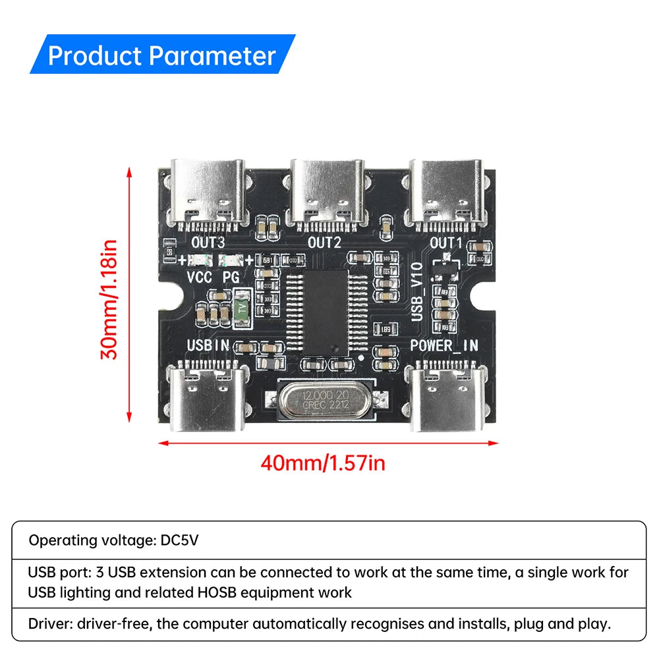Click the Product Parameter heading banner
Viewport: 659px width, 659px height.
pyautogui.click(x=162, y=55)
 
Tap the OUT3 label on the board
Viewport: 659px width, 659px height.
pyautogui.click(x=207, y=243)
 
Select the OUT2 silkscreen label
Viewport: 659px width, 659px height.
pyautogui.click(x=324, y=243)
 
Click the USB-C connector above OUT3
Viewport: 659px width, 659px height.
pyautogui.click(x=207, y=191)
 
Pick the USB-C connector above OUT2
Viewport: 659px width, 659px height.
pyautogui.click(x=327, y=191)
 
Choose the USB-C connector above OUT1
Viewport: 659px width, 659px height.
pyautogui.click(x=447, y=191)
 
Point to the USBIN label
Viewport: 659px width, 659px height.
pyautogui.click(x=208, y=345)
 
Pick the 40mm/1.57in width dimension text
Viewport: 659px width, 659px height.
pyautogui.click(x=323, y=463)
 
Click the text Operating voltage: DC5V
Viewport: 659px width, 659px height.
pyautogui.click(x=113, y=540)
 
